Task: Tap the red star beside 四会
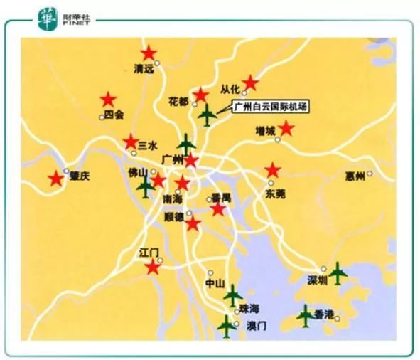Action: (108, 99)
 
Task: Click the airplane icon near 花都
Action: (207, 113)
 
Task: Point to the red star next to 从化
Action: (249, 83)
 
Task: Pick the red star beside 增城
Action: (286, 128)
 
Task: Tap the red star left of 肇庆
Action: (55, 179)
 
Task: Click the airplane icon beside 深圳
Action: (337, 272)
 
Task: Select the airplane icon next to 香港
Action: (305, 315)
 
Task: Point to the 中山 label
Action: (215, 283)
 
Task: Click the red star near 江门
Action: (153, 267)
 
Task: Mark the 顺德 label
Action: (173, 216)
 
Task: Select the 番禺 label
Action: (221, 198)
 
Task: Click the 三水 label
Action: (147, 144)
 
